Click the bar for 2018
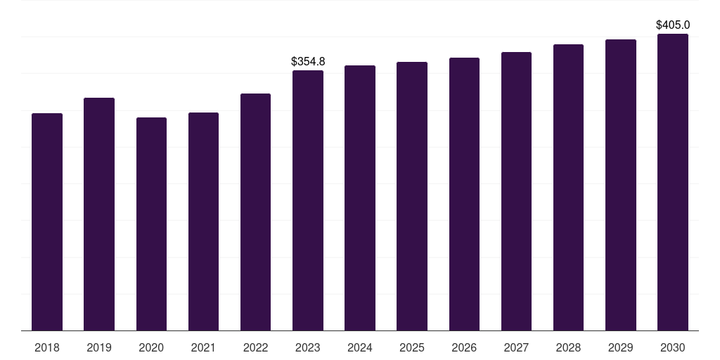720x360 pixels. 47,221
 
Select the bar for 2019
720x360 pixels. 99,214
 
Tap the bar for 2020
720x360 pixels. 151,224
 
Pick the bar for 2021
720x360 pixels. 203,221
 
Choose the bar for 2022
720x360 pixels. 255,212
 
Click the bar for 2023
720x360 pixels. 308,200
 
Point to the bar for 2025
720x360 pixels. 412,196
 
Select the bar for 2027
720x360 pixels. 516,191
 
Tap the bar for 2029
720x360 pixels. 621,185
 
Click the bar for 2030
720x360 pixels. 673,182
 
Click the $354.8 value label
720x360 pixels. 308,62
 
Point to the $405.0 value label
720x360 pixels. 673,25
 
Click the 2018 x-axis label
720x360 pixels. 47,347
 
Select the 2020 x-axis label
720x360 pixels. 151,347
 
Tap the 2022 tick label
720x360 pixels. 255,347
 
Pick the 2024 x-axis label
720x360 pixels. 360,347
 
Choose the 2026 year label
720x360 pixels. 464,347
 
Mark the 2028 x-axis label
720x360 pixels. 568,347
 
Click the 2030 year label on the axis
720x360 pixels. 673,347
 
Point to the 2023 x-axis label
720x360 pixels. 308,347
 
